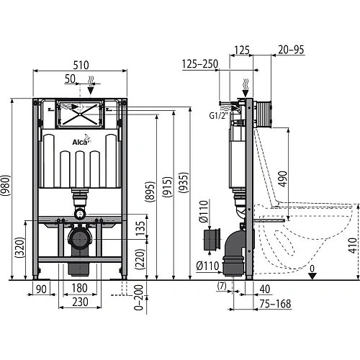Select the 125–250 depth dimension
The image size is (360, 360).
(x=200, y=64)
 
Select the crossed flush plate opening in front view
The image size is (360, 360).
(x=79, y=112)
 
